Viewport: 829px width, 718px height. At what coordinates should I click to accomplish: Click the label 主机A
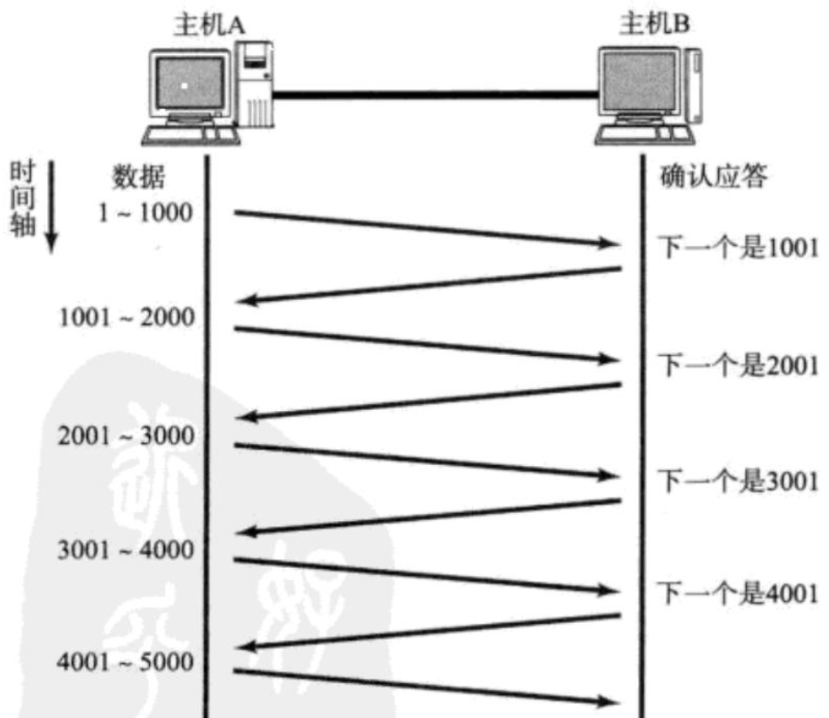[x=209, y=23]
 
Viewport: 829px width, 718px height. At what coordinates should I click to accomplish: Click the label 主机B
[x=654, y=23]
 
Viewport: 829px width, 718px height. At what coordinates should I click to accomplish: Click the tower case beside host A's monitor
[x=256, y=84]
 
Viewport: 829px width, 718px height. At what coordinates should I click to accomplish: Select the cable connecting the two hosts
[x=436, y=92]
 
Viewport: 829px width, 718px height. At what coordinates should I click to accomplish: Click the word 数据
[x=138, y=178]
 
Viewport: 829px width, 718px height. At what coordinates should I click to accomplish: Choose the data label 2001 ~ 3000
[x=127, y=435]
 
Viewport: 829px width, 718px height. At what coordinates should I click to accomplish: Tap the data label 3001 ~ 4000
[x=127, y=550]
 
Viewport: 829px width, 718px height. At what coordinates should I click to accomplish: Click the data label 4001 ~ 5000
[x=127, y=663]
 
